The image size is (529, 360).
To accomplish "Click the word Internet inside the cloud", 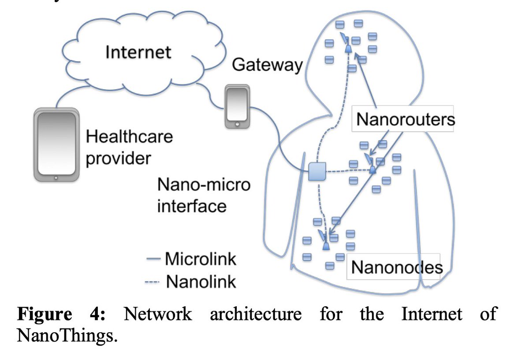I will pos(138,52).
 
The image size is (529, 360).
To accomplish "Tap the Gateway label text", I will pos(267,65).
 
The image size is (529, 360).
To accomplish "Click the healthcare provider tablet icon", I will pos(56,145).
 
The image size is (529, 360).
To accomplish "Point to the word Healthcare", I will pos(129,137).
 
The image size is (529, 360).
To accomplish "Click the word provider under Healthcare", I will pos(118,158).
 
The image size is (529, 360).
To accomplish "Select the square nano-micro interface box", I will pos(317,171).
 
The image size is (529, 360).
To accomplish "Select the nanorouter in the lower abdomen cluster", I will pos(325,244).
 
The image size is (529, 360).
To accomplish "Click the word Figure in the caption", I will pos(44,315).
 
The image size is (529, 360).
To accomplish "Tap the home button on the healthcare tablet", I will pos(56,178).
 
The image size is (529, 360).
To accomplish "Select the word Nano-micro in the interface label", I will pos(204,184).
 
